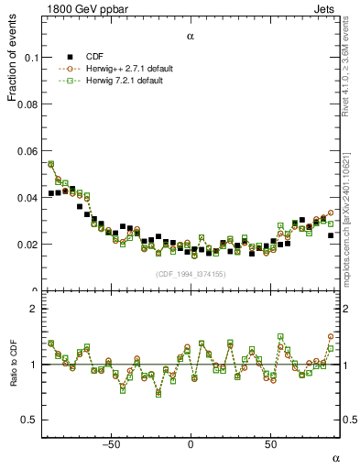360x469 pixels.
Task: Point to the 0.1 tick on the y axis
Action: click(x=28, y=58)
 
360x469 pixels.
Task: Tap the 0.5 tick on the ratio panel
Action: click(x=27, y=420)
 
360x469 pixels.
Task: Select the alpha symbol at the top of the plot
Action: click(x=191, y=37)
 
